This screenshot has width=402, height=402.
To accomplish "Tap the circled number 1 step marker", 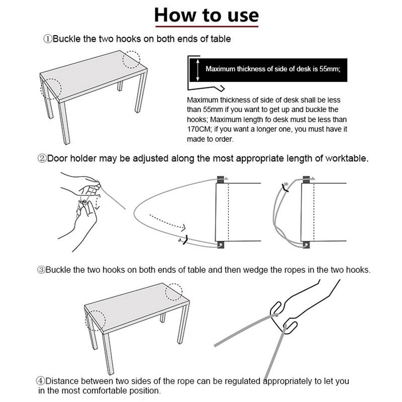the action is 48,39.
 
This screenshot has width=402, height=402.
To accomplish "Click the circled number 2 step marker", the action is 42,158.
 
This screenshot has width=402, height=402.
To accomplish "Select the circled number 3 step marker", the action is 41,270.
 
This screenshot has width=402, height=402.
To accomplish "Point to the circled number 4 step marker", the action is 41,381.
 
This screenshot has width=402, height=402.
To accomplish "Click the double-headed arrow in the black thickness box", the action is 197,70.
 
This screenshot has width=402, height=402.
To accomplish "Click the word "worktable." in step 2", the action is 347,158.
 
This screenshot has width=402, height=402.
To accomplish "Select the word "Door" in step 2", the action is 58,158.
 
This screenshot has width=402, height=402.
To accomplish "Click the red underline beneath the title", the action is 207,26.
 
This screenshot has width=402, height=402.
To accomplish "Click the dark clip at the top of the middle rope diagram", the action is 221,179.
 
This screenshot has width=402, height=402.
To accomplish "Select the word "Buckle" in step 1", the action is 66,39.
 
